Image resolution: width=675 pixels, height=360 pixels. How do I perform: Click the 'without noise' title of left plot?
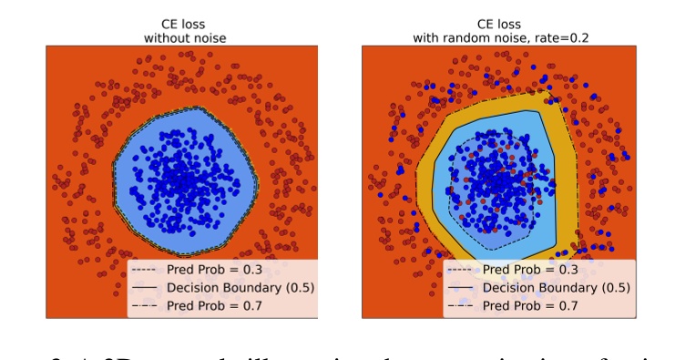[181, 37]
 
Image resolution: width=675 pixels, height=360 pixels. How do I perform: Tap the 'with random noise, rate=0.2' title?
[497, 37]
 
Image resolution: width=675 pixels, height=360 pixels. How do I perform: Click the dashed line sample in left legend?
[147, 271]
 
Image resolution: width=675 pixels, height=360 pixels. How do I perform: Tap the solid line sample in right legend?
[463, 287]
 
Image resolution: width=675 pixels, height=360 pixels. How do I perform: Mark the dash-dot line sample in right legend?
[463, 303]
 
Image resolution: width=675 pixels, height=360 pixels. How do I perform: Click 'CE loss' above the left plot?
[181, 25]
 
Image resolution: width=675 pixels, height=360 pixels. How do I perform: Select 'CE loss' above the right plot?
[497, 25]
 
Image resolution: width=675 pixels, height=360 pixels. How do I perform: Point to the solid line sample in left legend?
[147, 287]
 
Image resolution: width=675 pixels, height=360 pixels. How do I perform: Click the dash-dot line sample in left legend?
[147, 303]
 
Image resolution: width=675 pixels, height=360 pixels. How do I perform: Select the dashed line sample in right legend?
[463, 271]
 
